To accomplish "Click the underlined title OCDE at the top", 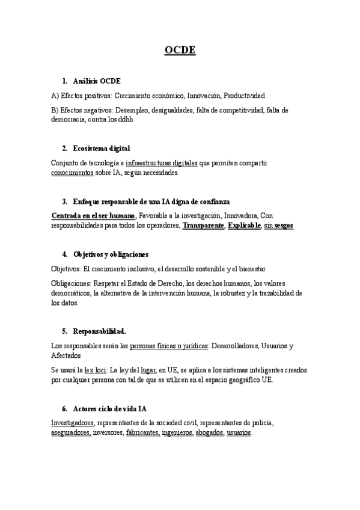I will point(180,50).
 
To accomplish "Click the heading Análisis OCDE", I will point(97,81).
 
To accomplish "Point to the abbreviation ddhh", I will point(124,119).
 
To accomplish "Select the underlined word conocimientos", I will point(72,172).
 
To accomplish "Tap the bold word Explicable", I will point(244,225).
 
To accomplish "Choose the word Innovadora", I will point(241,216).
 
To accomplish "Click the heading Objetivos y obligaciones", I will point(111,254).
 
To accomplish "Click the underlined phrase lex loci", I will point(96,370).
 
